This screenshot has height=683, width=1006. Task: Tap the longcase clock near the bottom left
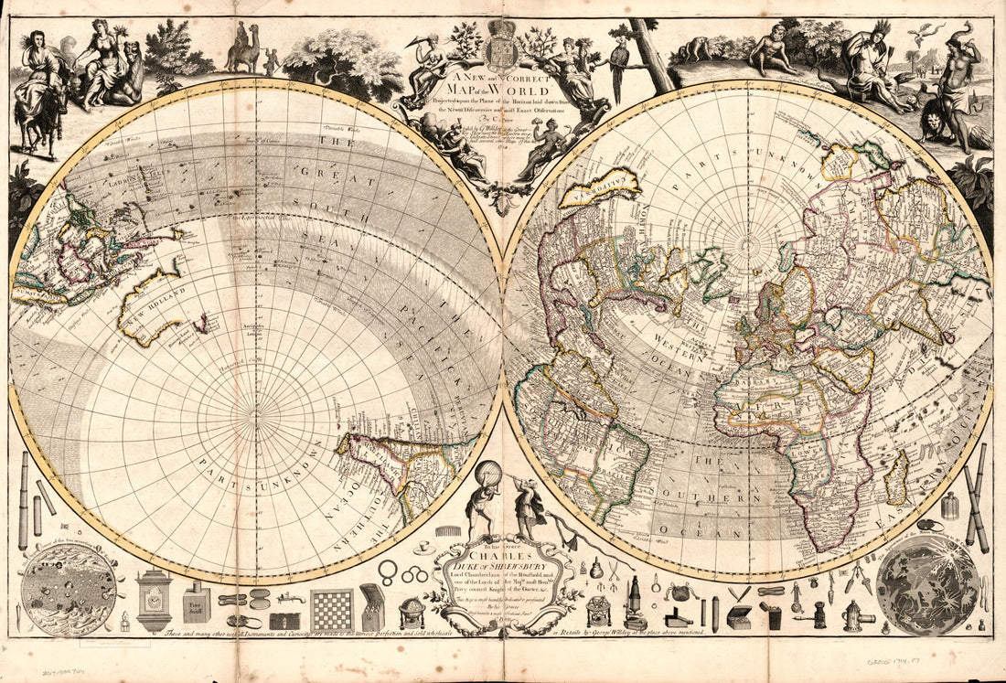pyautogui.click(x=154, y=602)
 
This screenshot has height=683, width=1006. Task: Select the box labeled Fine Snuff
pyautogui.click(x=196, y=604)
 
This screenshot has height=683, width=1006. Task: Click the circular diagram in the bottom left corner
pyautogui.click(x=68, y=590)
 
